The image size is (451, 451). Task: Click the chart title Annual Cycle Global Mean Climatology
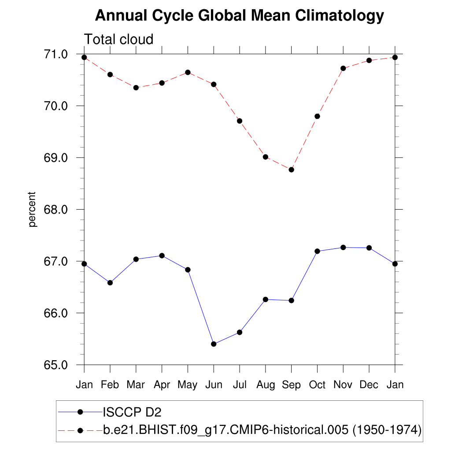240,16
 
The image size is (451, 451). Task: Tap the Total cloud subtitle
118,39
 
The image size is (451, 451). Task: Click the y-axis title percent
32,209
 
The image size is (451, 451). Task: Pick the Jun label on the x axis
214,384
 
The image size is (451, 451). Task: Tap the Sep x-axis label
291,384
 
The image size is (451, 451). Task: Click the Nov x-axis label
343,384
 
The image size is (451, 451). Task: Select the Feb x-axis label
110,384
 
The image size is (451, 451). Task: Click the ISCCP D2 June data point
214,344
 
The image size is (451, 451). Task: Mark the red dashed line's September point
291,170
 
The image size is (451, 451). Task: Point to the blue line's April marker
162,255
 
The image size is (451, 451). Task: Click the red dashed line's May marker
188,72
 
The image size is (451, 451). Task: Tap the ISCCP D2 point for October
317,251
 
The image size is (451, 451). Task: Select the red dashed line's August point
266,157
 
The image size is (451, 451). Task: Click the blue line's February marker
110,283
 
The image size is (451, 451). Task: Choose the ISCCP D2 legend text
132,412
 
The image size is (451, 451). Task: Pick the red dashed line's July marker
240,121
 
